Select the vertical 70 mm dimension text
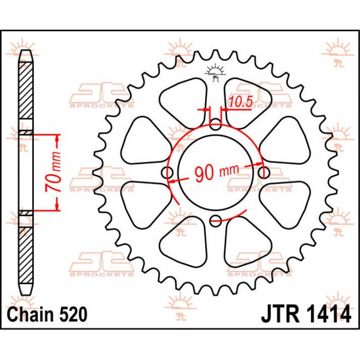pyautogui.click(x=53, y=172)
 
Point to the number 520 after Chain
pyautogui.click(x=73, y=314)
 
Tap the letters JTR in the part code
pyautogui.click(x=281, y=315)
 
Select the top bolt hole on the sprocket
pyautogui.click(x=215, y=124)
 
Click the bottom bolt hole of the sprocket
pyautogui.click(x=215, y=221)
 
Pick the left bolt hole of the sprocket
pyautogui.click(x=167, y=173)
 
